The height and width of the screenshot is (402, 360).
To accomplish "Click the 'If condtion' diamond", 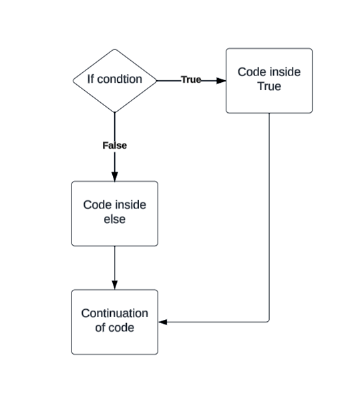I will click(x=115, y=80).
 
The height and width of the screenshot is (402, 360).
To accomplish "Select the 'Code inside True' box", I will click(x=269, y=81).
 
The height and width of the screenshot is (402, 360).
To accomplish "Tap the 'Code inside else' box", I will click(x=115, y=213).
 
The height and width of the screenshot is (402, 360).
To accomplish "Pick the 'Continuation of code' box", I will click(x=115, y=322).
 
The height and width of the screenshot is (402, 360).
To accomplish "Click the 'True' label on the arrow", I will click(x=191, y=79).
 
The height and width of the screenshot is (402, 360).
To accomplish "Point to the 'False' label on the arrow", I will click(x=115, y=145).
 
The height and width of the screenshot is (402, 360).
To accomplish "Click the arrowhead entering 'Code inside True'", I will click(x=221, y=80).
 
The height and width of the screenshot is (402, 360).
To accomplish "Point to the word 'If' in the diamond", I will click(x=92, y=79).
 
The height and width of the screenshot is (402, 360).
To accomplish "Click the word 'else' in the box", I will click(x=115, y=220).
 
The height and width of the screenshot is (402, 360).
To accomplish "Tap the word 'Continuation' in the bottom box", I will click(x=115, y=314).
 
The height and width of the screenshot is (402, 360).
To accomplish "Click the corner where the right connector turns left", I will click(x=269, y=323).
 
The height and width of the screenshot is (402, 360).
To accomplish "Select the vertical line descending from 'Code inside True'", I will click(x=269, y=214).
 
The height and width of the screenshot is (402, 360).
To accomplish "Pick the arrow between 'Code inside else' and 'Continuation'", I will click(x=115, y=267).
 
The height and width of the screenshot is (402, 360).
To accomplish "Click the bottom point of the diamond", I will click(x=115, y=112).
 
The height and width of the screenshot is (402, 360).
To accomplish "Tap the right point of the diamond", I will click(x=157, y=80).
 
